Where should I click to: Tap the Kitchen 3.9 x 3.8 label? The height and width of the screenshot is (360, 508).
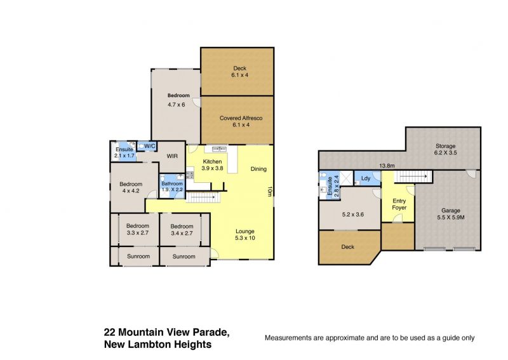click(212, 165)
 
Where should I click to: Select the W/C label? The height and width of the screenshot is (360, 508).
click(150, 147)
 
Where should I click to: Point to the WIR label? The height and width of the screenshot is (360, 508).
click(172, 156)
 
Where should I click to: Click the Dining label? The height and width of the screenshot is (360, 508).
click(258, 169)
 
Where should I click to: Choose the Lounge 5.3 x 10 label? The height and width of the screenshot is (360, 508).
click(245, 234)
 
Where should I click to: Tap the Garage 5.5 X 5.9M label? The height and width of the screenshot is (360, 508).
click(451, 214)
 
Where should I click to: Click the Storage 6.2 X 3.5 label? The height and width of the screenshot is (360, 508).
click(446, 149)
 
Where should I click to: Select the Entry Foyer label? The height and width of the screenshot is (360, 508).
click(399, 204)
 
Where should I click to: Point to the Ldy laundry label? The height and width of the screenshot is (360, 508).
click(366, 178)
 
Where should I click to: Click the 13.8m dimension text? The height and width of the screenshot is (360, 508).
click(387, 166)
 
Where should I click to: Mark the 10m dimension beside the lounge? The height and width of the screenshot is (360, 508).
click(269, 191)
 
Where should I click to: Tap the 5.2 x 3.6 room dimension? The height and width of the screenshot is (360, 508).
click(353, 215)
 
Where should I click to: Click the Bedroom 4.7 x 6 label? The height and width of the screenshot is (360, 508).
click(178, 100)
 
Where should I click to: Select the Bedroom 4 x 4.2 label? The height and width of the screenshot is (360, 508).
click(131, 187)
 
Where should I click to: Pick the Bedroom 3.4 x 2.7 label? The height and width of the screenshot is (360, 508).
click(182, 230)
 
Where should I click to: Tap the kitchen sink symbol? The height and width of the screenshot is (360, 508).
click(219, 149)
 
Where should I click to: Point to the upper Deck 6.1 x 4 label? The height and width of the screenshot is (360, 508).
click(240, 72)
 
